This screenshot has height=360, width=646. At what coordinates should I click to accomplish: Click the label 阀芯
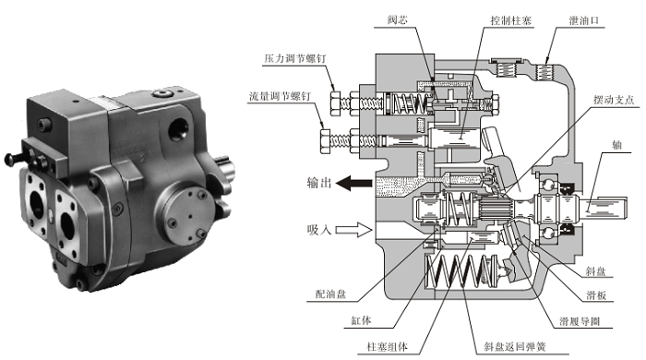(x=398, y=19)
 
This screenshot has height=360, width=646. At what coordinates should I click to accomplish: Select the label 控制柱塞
(x=511, y=20)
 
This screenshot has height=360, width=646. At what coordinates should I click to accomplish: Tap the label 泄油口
(x=584, y=20)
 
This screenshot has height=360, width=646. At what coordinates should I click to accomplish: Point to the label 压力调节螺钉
(x=295, y=58)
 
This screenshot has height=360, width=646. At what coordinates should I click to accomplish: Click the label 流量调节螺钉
(x=280, y=96)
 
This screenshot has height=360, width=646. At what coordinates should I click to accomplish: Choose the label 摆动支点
(x=614, y=100)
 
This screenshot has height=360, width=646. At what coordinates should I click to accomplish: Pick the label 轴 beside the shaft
(x=616, y=145)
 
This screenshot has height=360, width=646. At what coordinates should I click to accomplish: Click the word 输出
(x=319, y=183)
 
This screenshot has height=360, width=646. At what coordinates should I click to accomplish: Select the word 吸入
(x=319, y=230)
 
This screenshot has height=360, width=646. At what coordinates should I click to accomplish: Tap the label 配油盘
(x=330, y=294)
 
